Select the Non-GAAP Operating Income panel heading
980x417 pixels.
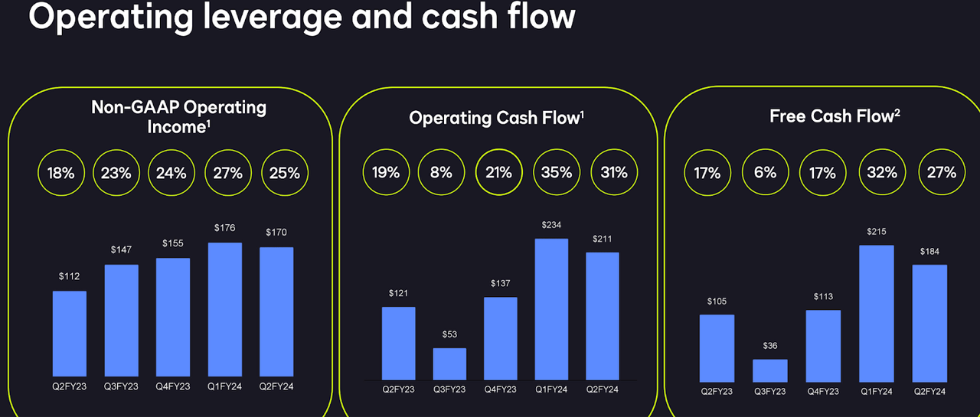coord(178,116)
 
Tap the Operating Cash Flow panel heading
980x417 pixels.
coord(497,118)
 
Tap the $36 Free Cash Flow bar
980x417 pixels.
coord(769,370)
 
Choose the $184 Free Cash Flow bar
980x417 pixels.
coord(929,323)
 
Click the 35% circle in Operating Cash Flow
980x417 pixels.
coord(556,173)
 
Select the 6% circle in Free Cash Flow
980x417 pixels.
coord(765,173)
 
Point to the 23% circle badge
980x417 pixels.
coord(116,173)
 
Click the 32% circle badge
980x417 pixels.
coord(882,173)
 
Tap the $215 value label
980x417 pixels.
coord(877,231)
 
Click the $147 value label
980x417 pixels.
coord(121,250)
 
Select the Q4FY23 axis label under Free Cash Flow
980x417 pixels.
coord(823,392)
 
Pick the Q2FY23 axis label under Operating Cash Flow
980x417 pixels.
coord(398,389)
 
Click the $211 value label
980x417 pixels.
coord(603,239)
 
